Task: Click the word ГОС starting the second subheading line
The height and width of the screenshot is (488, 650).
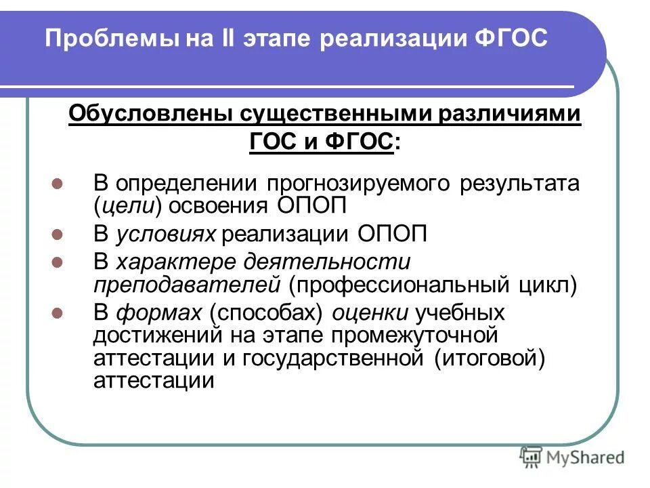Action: tap(274, 142)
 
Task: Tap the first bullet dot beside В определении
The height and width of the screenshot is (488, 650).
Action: tap(58, 184)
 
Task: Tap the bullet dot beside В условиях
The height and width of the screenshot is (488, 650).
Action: tap(58, 235)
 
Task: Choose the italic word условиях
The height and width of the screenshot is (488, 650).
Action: tap(166, 235)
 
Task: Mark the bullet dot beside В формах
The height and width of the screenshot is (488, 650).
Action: tap(58, 314)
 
